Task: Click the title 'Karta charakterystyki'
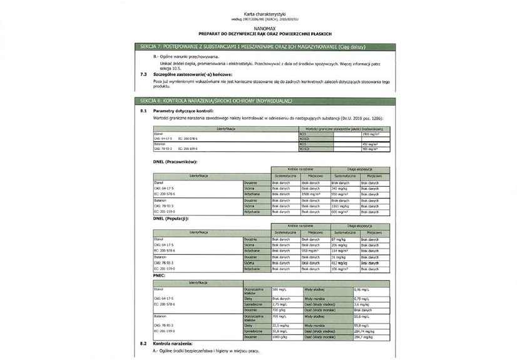[258, 13]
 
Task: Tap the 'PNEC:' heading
[160, 275]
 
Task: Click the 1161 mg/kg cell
[342, 205]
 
